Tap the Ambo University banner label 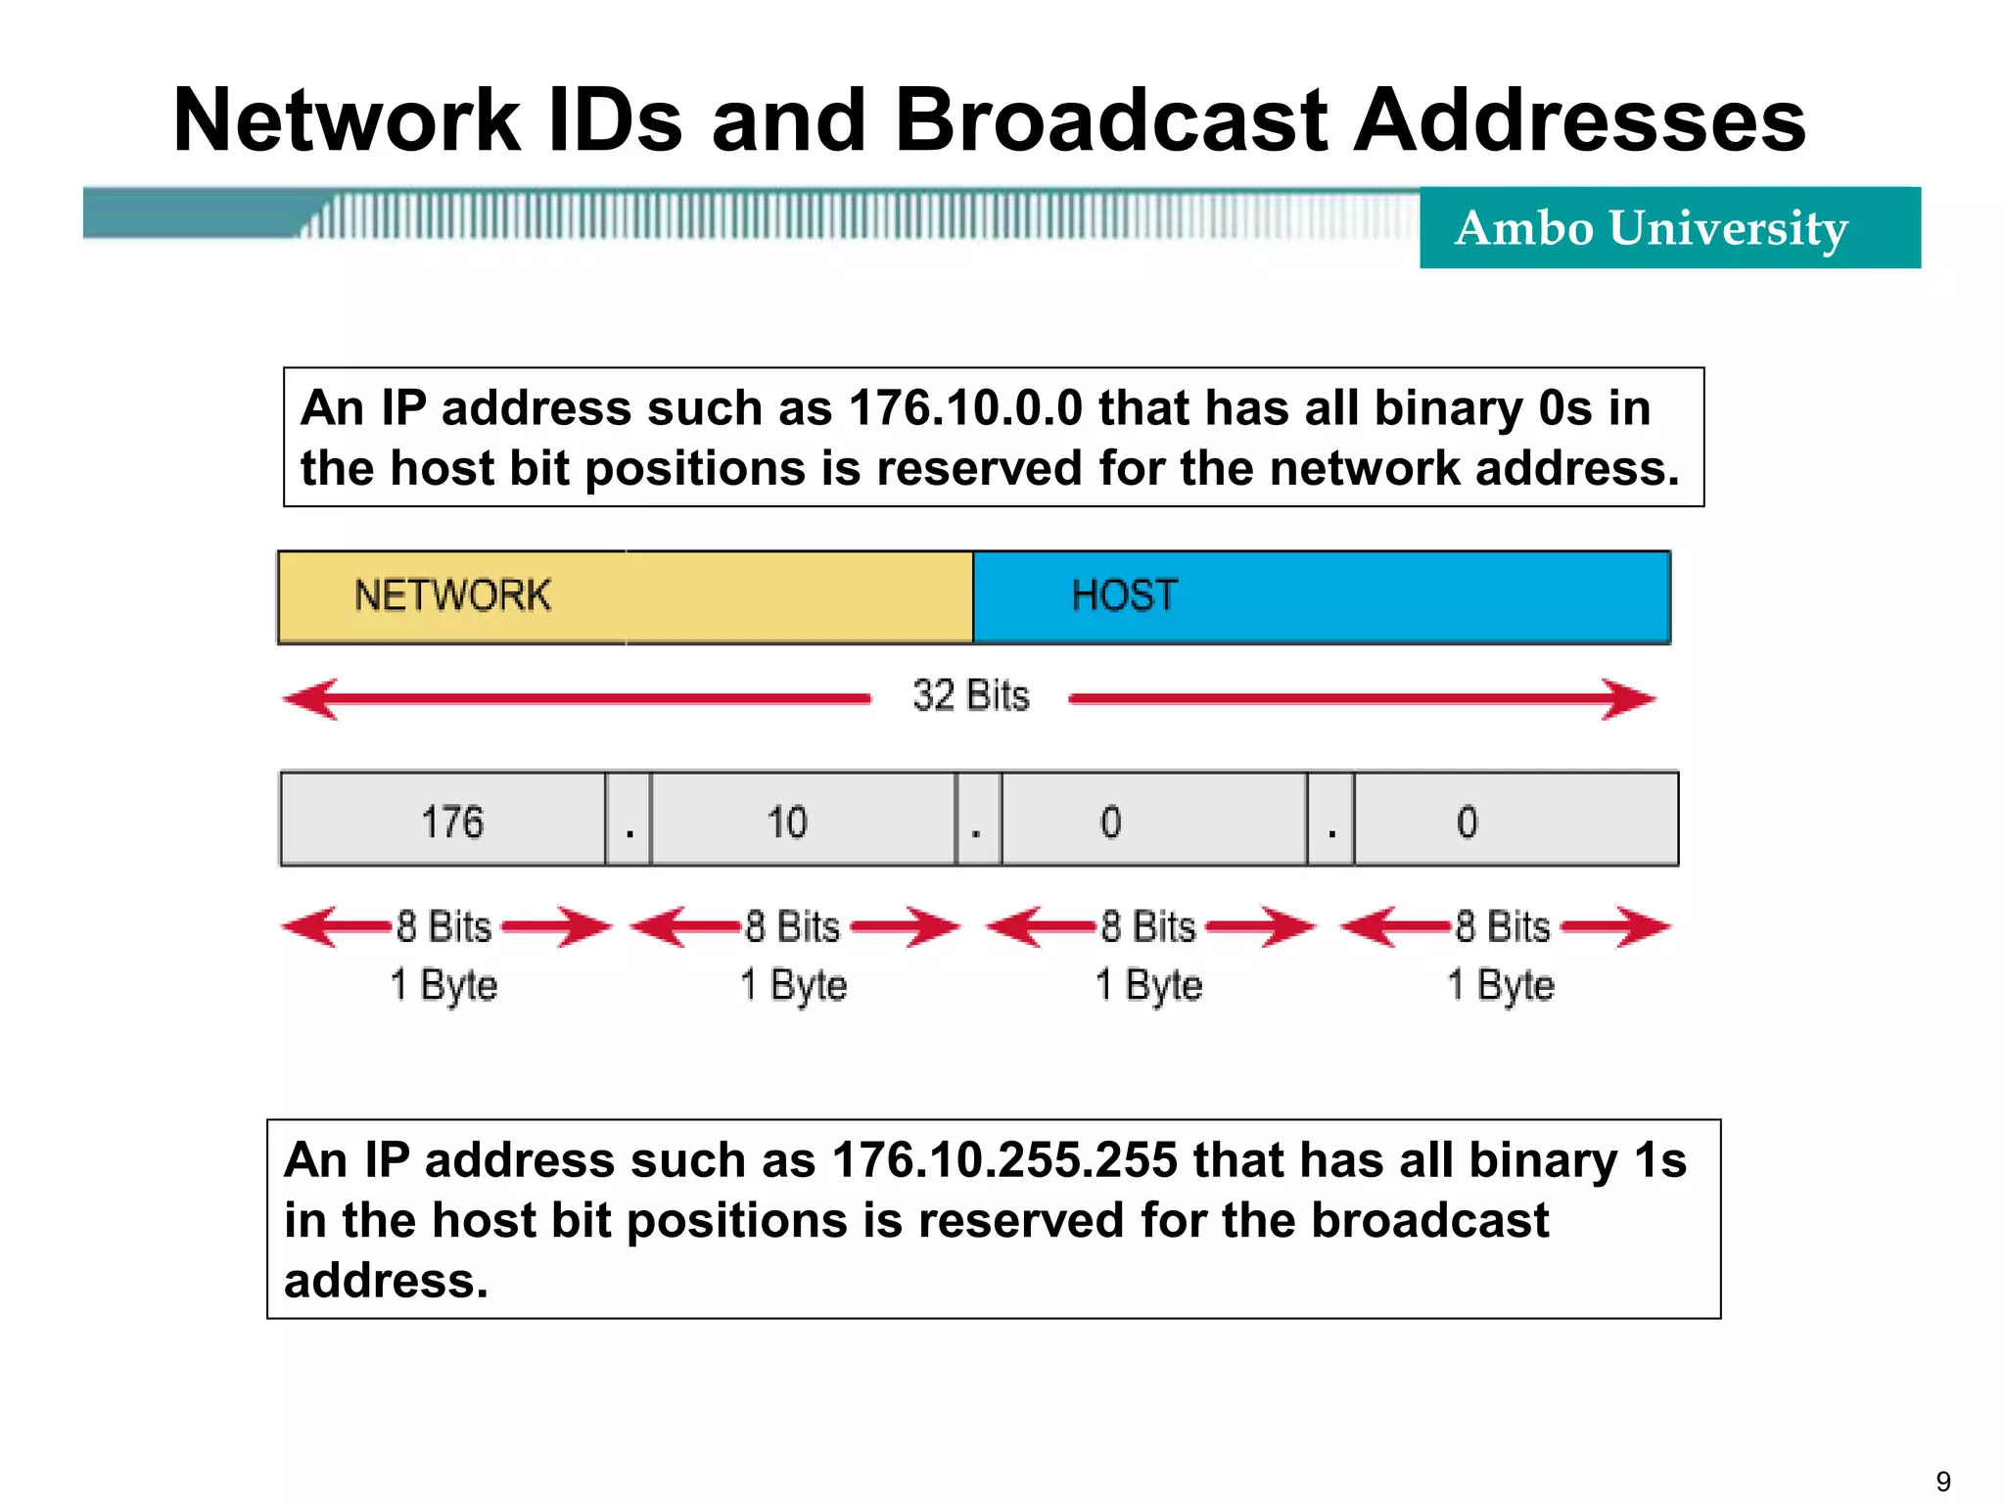1651,228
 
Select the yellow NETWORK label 452,595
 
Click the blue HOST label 1124,595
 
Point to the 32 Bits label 970,696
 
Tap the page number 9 1943,1481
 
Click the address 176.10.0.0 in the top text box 965,408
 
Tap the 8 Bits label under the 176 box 443,926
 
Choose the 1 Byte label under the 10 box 793,985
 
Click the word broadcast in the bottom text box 1429,1221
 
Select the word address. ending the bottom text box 386,1281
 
